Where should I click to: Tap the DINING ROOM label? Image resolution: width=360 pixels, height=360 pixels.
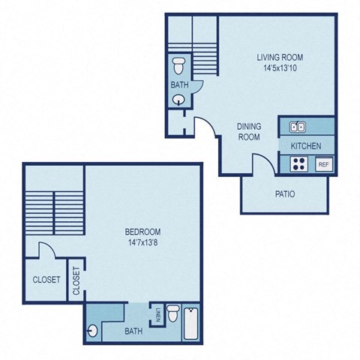pos(248,132)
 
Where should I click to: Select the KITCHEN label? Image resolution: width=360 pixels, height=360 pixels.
pos(306,145)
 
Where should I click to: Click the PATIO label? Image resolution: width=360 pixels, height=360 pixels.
pos(283,194)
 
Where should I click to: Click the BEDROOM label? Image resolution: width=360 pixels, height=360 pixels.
pos(142,232)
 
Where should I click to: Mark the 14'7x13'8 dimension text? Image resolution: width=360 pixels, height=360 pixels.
pos(142,243)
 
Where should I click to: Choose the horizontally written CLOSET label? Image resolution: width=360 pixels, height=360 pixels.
pos(46,280)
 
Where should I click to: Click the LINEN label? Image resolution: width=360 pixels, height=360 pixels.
pos(157,316)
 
